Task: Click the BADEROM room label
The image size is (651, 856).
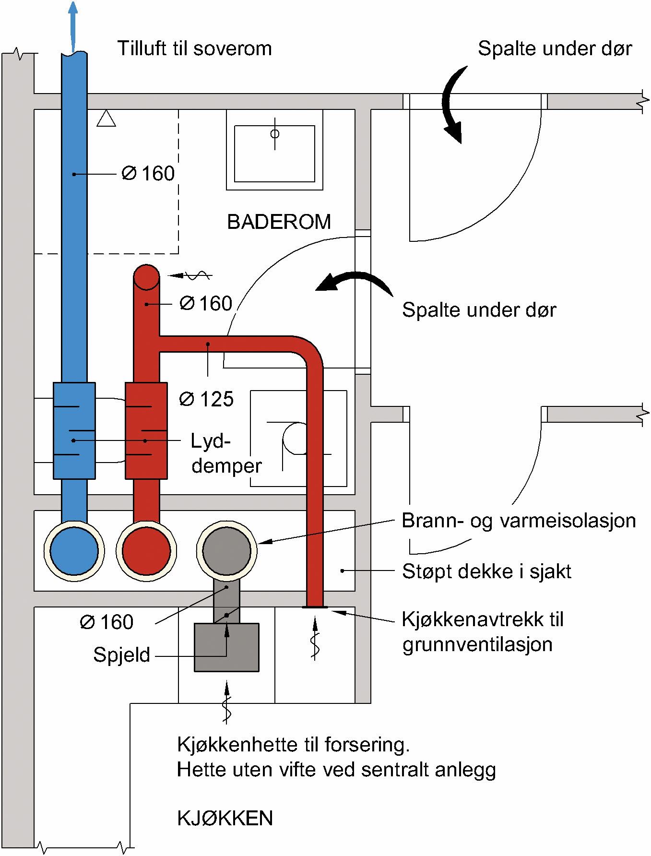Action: [x=279, y=222]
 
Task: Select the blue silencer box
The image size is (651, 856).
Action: [x=74, y=430]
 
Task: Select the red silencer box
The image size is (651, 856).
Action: [x=146, y=430]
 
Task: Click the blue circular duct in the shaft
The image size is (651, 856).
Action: [x=74, y=550]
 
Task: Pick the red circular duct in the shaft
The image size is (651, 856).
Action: [x=146, y=550]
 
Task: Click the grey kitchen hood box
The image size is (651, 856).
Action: [x=226, y=647]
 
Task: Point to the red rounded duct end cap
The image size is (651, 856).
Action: [x=146, y=277]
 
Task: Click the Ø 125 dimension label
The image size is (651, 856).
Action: [x=206, y=399]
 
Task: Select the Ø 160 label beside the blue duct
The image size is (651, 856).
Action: [x=148, y=174]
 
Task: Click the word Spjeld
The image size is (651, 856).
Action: [x=122, y=655]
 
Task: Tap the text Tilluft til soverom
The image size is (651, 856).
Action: [x=194, y=49]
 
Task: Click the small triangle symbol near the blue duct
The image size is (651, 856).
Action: [x=106, y=119]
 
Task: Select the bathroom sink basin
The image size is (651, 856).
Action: [x=274, y=154]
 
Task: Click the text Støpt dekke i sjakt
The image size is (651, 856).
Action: [x=486, y=571]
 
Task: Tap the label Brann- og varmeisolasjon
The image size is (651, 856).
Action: [x=519, y=521]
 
